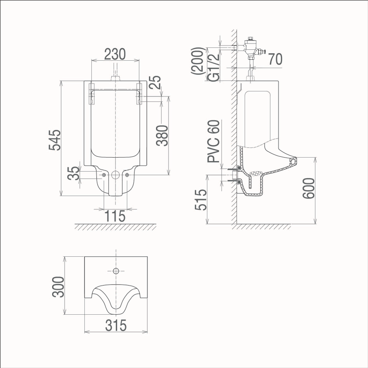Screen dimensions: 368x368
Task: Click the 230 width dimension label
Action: tap(115, 54)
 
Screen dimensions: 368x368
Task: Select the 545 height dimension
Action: tap(55, 140)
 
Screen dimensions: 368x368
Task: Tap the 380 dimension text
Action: tap(162, 135)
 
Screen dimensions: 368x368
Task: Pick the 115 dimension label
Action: tap(115, 216)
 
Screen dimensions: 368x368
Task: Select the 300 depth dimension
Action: tap(58, 286)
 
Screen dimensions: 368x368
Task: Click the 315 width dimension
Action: tap(116, 325)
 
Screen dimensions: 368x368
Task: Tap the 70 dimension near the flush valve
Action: tap(276, 59)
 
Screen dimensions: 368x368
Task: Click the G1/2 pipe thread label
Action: tap(213, 67)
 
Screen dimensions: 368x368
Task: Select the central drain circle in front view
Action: tap(115, 175)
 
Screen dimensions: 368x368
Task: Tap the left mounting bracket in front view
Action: tap(92, 94)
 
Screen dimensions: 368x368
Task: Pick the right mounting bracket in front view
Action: tap(139, 94)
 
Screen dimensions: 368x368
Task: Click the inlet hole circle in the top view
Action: tap(116, 270)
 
